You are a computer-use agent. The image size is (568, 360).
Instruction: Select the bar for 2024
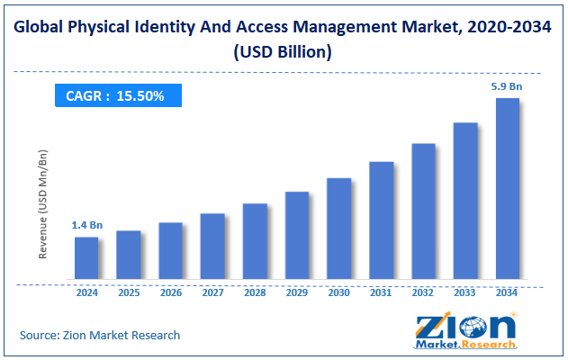click(86, 257)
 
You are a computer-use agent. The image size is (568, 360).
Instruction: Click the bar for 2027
click(212, 246)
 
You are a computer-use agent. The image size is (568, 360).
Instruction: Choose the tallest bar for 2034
click(508, 188)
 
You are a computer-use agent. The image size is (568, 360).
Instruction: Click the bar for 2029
click(297, 235)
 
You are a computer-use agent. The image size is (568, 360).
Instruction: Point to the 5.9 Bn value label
click(507, 86)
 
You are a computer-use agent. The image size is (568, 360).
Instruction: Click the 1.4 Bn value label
click(86, 225)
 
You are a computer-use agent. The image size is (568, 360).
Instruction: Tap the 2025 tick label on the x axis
click(129, 292)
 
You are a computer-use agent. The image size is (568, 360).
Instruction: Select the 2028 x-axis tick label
click(255, 292)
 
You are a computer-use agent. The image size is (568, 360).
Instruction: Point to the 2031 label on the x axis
click(381, 292)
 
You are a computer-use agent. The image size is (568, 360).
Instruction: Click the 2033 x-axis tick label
click(465, 292)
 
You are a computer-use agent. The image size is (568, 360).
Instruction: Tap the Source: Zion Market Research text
click(100, 335)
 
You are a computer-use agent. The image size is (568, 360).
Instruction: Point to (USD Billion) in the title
click(283, 52)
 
